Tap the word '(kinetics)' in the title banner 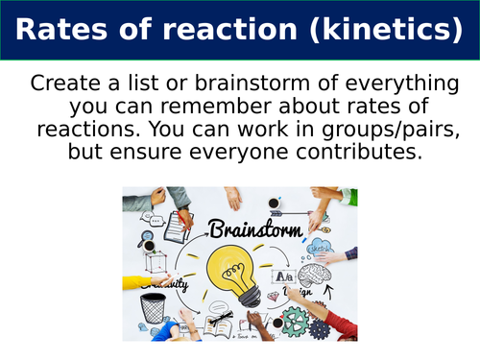click(383, 30)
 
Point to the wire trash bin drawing click(152, 308)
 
